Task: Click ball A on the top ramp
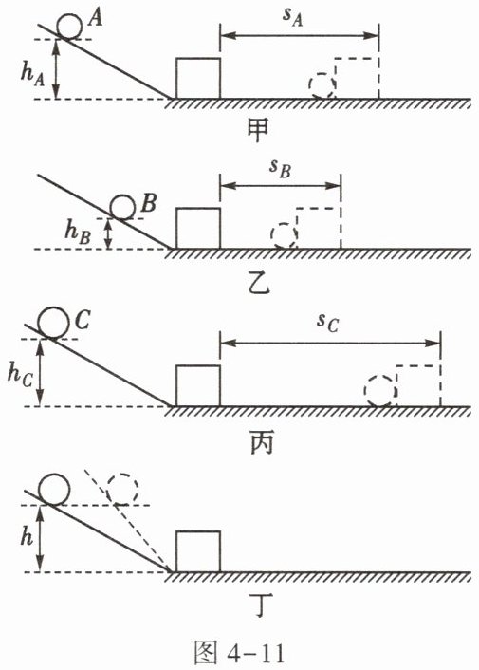[69, 26]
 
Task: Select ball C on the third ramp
[53, 322]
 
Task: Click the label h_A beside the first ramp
[33, 72]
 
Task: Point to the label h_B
[78, 231]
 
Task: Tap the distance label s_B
[280, 168]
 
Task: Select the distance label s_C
[328, 324]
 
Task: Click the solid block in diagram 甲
[198, 78]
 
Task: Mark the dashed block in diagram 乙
[318, 228]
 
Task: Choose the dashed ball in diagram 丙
[380, 391]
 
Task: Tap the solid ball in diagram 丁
[54, 490]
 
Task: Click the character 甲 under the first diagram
[258, 130]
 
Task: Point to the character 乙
[259, 284]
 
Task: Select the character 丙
[261, 443]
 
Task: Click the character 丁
[261, 607]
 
